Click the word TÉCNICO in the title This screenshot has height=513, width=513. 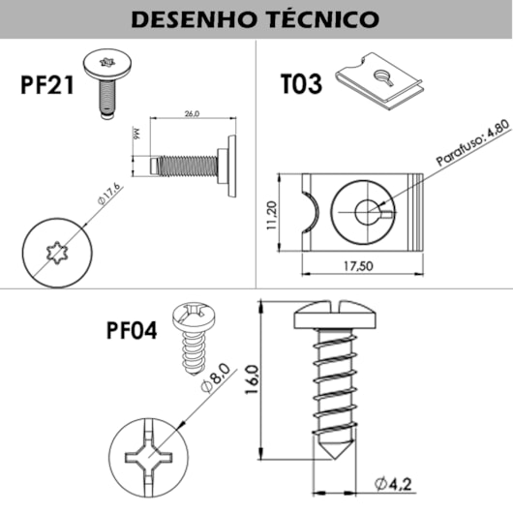point(319,18)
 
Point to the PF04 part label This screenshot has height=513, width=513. point(132,330)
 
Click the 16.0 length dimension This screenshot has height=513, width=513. point(252,380)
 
